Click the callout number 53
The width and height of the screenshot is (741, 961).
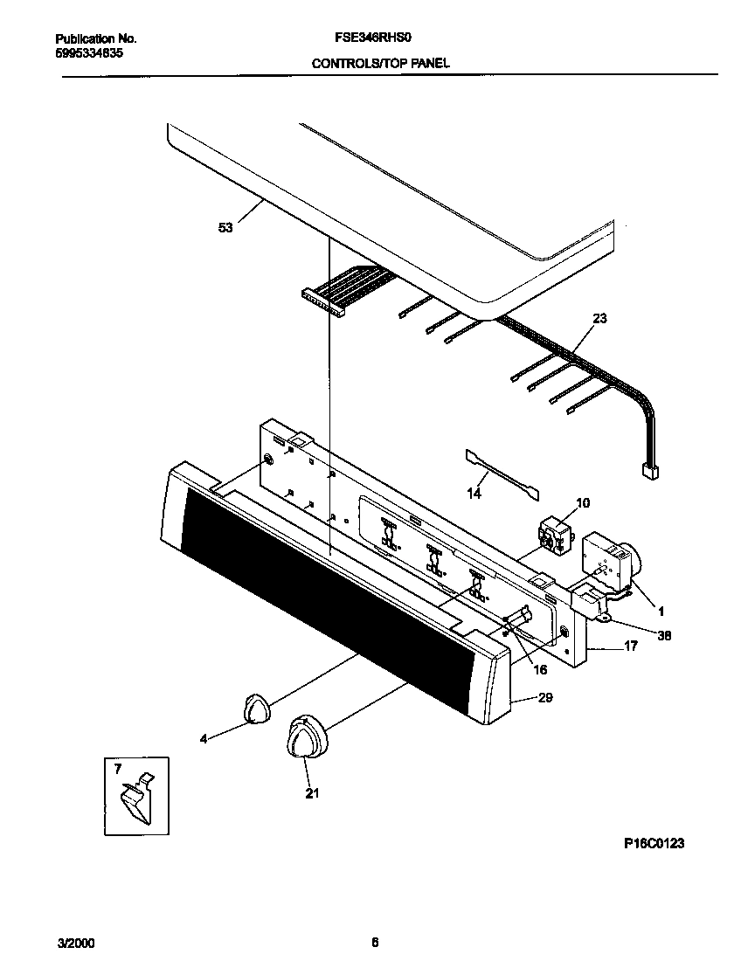pyautogui.click(x=225, y=228)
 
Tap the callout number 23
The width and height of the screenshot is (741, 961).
pyautogui.click(x=599, y=319)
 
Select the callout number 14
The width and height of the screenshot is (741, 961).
pyautogui.click(x=474, y=494)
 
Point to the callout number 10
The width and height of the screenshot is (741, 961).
pyautogui.click(x=583, y=502)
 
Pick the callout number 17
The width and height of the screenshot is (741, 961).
pyautogui.click(x=630, y=647)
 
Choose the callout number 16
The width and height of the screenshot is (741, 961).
pyautogui.click(x=539, y=669)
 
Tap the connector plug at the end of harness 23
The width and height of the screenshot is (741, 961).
pyautogui.click(x=649, y=472)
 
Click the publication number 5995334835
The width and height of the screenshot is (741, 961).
pyautogui.click(x=89, y=52)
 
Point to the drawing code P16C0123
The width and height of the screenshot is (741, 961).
pyautogui.click(x=654, y=844)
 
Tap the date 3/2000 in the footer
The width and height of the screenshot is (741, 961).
pyautogui.click(x=76, y=944)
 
